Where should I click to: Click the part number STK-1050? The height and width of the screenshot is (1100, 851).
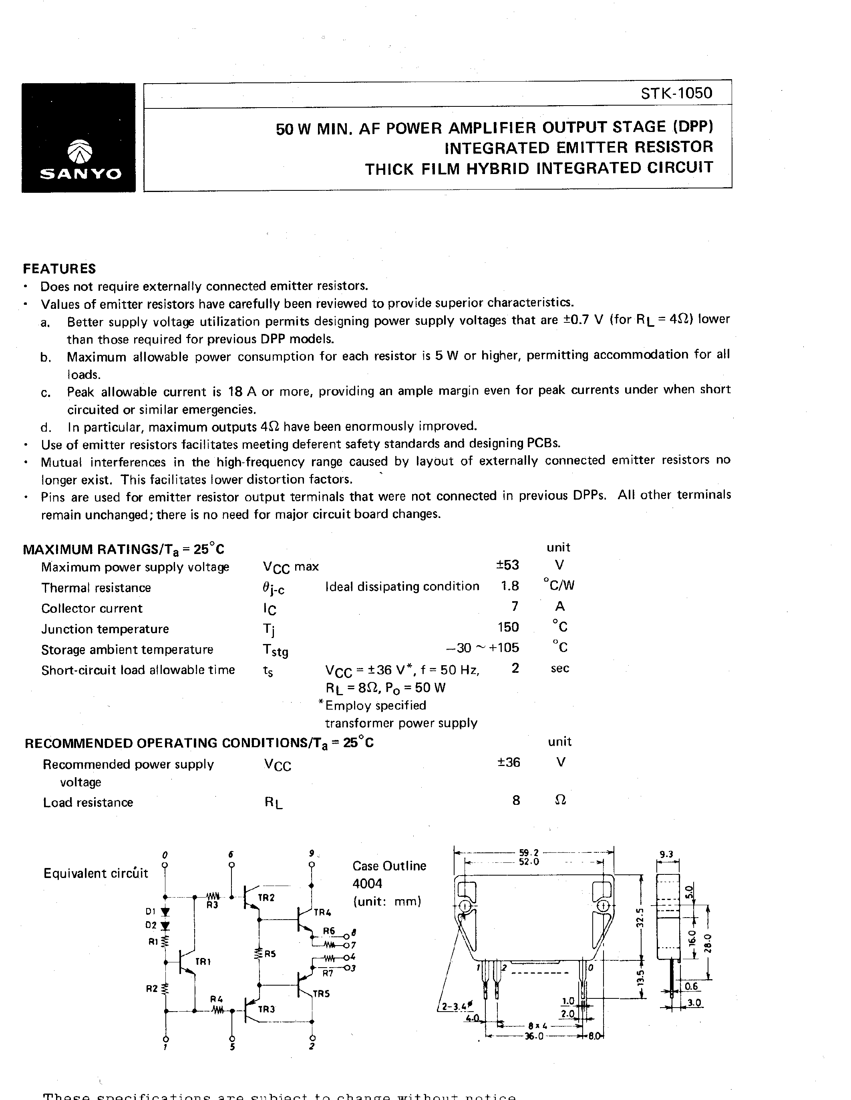(x=676, y=93)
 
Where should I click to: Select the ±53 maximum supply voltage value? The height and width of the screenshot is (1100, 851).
(x=507, y=565)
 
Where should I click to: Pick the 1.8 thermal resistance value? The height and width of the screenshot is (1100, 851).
(x=510, y=586)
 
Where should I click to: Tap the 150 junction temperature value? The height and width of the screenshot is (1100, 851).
(x=508, y=627)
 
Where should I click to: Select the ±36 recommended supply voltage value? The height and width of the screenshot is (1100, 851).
(x=508, y=762)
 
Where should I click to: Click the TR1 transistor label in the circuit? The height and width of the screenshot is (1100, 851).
(x=203, y=962)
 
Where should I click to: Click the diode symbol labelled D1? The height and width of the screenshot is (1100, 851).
(x=165, y=912)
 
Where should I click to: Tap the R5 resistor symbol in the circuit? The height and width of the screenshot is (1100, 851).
(x=259, y=954)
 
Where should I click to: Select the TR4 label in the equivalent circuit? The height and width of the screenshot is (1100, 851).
(x=322, y=912)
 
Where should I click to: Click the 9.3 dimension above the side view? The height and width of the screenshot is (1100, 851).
(x=666, y=854)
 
